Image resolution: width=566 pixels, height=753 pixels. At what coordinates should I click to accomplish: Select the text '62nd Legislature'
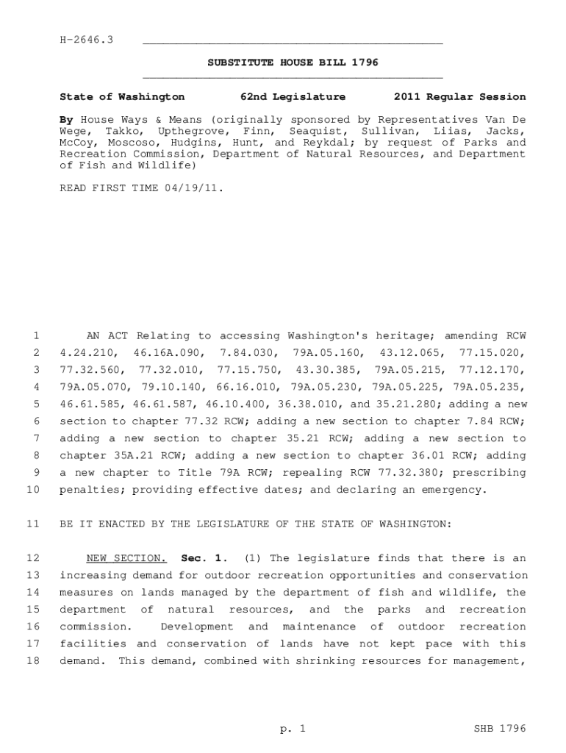tap(293, 97)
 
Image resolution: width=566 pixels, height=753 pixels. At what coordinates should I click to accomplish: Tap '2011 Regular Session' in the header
tap(459, 97)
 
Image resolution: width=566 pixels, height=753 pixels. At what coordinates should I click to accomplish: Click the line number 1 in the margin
tap(35, 336)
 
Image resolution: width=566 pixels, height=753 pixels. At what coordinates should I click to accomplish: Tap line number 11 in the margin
tap(32, 524)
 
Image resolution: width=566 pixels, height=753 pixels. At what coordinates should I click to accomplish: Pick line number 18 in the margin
tap(32, 660)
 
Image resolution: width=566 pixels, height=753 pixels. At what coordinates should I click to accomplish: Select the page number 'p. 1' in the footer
tap(292, 729)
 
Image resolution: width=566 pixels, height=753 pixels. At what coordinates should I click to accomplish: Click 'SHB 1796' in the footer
tap(501, 729)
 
